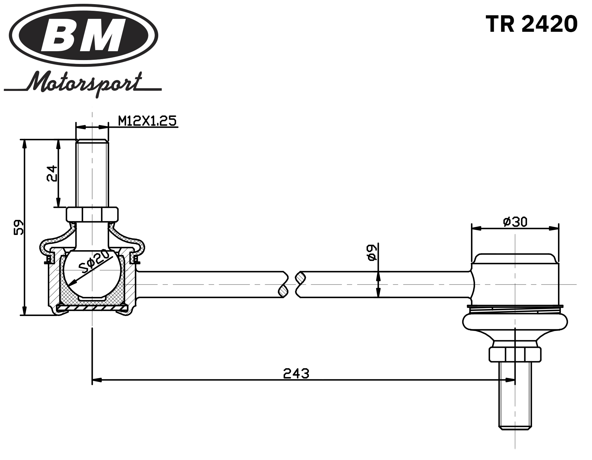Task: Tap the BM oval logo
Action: point(84,35)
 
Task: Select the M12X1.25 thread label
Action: point(147,121)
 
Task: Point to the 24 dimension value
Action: point(52,173)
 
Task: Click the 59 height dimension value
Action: point(19,227)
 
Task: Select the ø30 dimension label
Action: point(515,222)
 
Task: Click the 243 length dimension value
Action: point(296,374)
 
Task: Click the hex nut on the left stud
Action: point(92,214)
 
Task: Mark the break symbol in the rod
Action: point(292,284)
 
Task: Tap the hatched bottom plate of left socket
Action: point(92,308)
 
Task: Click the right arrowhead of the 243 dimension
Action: point(510,380)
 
